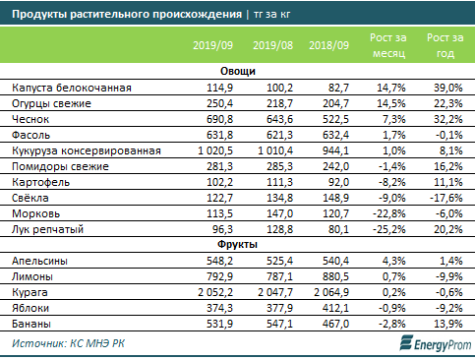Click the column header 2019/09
(x=212, y=45)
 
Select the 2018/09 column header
(x=328, y=45)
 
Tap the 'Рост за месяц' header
(x=388, y=45)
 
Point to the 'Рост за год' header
(x=445, y=45)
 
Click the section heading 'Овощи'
(x=238, y=71)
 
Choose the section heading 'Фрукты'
(x=237, y=244)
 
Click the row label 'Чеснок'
(x=30, y=119)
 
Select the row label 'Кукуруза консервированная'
(x=87, y=150)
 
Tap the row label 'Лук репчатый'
(x=48, y=229)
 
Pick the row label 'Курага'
(x=30, y=292)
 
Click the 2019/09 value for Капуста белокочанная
(x=219, y=88)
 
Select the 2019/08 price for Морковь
(x=279, y=213)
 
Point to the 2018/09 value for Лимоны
(x=335, y=276)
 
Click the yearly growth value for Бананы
(x=448, y=324)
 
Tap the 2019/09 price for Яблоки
(x=219, y=308)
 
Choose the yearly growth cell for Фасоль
(x=449, y=135)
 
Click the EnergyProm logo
(x=436, y=343)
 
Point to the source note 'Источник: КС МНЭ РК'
(x=68, y=343)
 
